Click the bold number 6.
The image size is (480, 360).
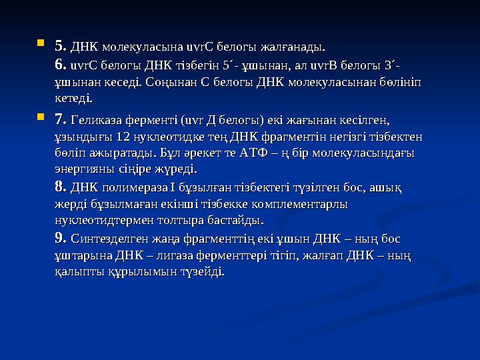coord(59,65)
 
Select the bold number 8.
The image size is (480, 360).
coord(59,185)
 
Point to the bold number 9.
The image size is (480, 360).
coord(59,238)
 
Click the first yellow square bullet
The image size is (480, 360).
coord(41,44)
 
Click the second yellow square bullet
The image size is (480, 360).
coord(41,117)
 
